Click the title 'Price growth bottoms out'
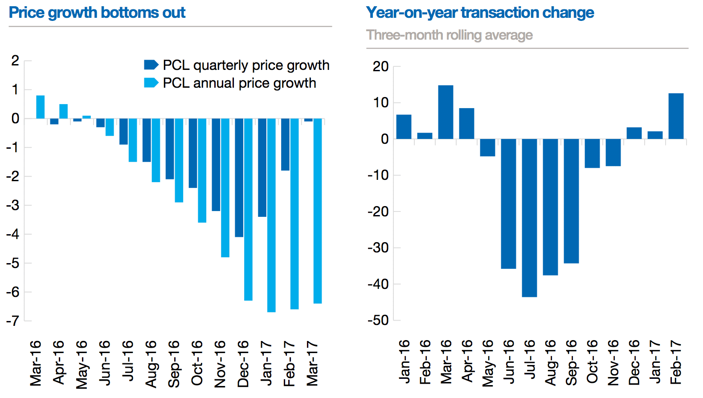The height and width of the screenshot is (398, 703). click(97, 12)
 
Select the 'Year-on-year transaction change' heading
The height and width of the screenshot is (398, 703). click(480, 12)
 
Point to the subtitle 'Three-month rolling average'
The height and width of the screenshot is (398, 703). click(449, 35)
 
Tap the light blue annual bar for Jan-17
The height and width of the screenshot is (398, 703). click(271, 215)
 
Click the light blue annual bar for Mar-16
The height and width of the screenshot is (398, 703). click(40, 107)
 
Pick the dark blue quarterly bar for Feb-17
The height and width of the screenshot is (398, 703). click(285, 144)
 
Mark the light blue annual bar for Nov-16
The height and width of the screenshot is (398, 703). click(225, 187)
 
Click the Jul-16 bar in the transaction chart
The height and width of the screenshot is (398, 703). click(529, 218)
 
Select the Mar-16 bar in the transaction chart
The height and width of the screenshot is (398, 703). click(446, 112)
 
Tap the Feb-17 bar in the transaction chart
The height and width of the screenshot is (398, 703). click(676, 116)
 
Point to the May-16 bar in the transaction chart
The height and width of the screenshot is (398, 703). click(487, 147)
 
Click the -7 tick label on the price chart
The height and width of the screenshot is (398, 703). click(12, 321)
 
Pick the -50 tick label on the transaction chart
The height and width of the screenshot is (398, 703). click(378, 320)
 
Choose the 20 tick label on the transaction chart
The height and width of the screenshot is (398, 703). click(381, 66)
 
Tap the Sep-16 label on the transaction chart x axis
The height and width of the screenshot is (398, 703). click(571, 362)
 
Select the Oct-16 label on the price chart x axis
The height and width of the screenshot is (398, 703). click(197, 363)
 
